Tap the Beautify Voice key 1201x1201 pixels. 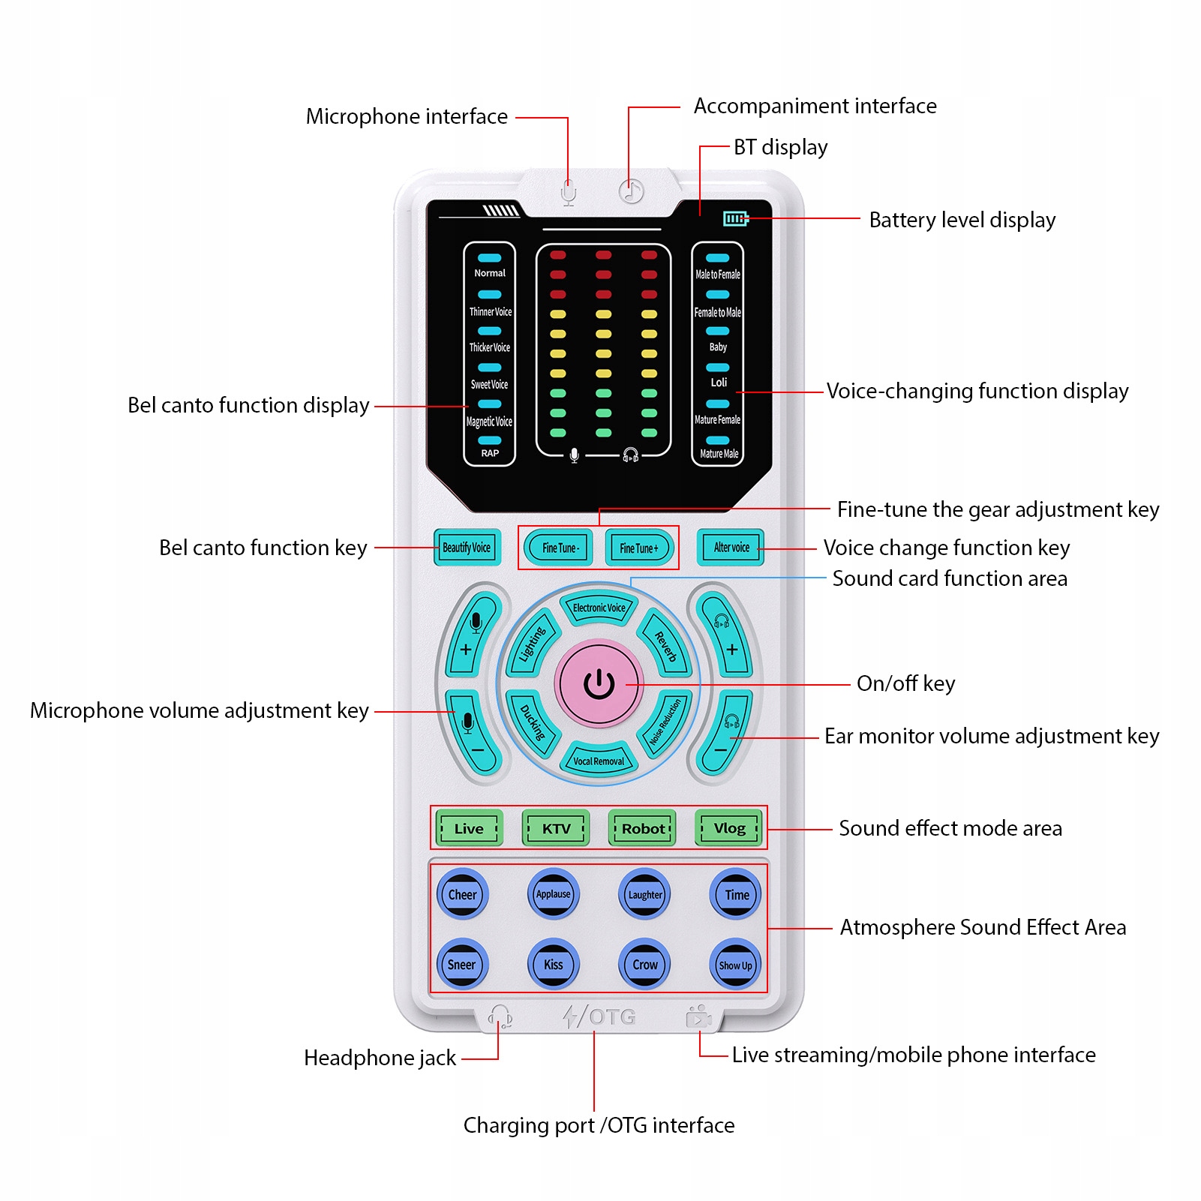[x=467, y=548]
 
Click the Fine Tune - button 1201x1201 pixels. [x=560, y=548]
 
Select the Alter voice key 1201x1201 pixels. [x=731, y=548]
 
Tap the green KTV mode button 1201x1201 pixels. [x=556, y=828]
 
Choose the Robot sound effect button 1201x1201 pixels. [x=643, y=828]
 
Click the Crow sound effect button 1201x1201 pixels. [x=645, y=965]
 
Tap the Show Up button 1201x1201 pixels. [x=735, y=965]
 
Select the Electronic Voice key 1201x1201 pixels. [x=599, y=607]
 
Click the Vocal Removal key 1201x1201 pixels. [x=599, y=760]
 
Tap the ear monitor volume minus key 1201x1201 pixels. [x=725, y=734]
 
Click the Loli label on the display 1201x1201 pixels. [x=719, y=383]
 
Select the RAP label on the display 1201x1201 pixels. [x=490, y=453]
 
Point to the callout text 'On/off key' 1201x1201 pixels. [x=906, y=683]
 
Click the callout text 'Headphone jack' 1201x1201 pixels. [x=380, y=1058]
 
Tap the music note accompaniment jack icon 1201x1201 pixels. [x=631, y=191]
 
